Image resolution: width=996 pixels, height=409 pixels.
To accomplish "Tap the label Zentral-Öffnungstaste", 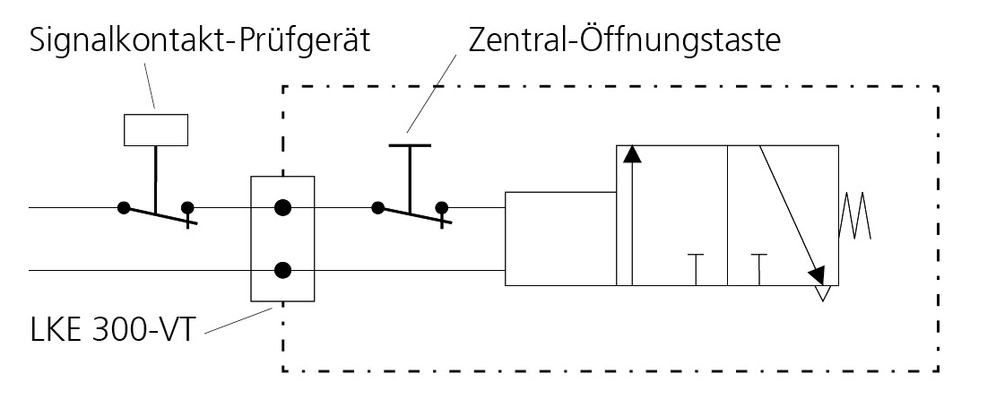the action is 625,40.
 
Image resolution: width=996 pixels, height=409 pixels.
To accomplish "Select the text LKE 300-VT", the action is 110,331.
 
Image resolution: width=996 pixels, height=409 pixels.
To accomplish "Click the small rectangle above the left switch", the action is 156,129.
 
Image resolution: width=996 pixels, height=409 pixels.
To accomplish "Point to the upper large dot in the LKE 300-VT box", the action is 282,207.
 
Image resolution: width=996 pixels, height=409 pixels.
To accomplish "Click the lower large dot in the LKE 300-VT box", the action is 282,271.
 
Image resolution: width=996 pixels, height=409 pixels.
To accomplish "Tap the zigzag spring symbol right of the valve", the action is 855,216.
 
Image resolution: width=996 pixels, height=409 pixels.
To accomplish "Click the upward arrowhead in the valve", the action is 631,154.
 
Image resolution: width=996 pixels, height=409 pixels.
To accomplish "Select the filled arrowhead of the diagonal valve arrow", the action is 817,275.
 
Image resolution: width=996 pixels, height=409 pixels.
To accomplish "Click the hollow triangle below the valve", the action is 823,292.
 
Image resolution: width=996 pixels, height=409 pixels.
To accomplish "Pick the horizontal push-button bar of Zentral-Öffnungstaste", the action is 410,145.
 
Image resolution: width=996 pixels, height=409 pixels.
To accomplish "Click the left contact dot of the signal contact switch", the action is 124,208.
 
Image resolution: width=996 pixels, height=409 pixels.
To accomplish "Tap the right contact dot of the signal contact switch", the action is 187,208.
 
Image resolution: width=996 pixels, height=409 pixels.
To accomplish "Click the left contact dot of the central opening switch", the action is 378,208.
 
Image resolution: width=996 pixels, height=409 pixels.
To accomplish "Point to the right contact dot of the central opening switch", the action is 441,208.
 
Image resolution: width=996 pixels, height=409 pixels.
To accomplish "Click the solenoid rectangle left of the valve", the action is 561,239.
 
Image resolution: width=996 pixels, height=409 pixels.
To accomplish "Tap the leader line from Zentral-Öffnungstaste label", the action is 432,93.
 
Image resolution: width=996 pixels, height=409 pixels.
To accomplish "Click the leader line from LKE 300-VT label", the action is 238,320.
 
